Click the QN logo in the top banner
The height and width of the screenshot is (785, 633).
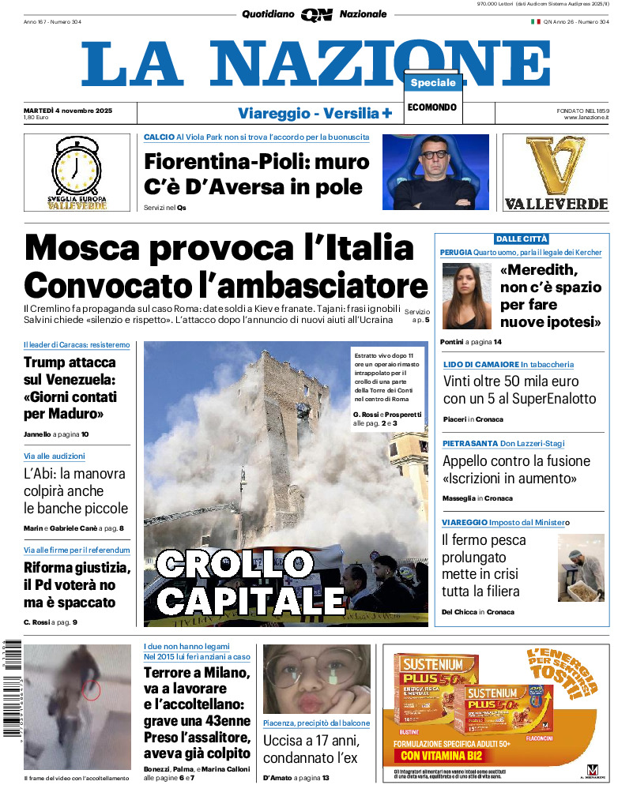click(316, 14)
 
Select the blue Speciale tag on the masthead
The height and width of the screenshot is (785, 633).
click(433, 83)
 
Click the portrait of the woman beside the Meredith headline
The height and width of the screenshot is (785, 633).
click(468, 295)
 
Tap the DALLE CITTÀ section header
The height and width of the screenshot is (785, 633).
click(522, 239)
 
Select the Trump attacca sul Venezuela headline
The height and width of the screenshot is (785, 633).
click(70, 388)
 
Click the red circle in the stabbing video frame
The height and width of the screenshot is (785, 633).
click(92, 690)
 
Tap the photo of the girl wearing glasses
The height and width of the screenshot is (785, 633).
click(316, 679)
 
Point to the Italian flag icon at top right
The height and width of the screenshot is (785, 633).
click(535, 21)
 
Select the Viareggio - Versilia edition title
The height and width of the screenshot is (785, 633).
click(315, 113)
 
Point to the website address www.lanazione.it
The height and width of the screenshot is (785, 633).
click(586, 118)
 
